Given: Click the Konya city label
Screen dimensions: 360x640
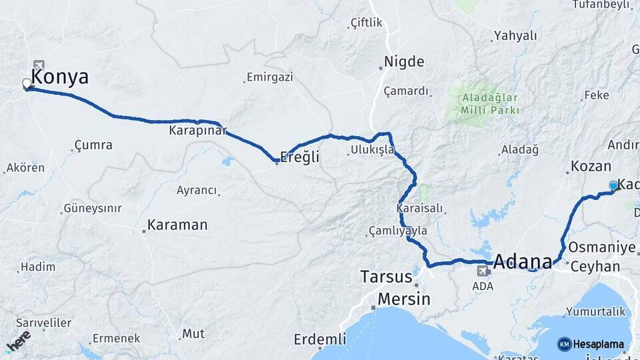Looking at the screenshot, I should point(59,77).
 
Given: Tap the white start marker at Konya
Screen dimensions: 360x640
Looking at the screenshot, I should point(27,84).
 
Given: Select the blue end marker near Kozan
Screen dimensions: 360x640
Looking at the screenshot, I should point(613,185).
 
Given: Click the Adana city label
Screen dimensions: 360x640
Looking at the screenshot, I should point(523,260).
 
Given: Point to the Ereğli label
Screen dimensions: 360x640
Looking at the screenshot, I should point(300,157).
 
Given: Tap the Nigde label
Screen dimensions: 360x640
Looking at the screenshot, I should point(404,62).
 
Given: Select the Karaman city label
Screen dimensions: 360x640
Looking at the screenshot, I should point(177,225).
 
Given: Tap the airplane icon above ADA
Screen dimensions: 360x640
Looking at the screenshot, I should point(483,271).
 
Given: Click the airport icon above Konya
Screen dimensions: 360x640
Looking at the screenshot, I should point(39,65).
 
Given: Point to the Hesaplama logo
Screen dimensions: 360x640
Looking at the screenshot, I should point(592,344).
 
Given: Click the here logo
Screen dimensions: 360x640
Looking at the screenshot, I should point(19,340).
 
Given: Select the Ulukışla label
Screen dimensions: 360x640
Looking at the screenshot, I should point(371,150).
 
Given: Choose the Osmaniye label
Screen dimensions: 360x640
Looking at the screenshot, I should point(601,247).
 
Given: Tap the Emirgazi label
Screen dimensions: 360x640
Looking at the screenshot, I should point(269,77).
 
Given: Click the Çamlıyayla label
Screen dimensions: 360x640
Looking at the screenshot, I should point(397,231).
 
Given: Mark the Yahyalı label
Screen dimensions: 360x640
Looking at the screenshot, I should point(515,36).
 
